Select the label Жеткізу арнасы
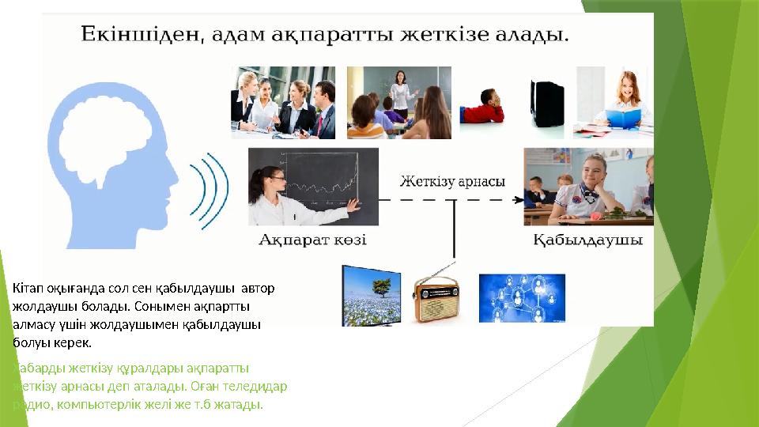point(451,181)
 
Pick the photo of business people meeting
point(282,103)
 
